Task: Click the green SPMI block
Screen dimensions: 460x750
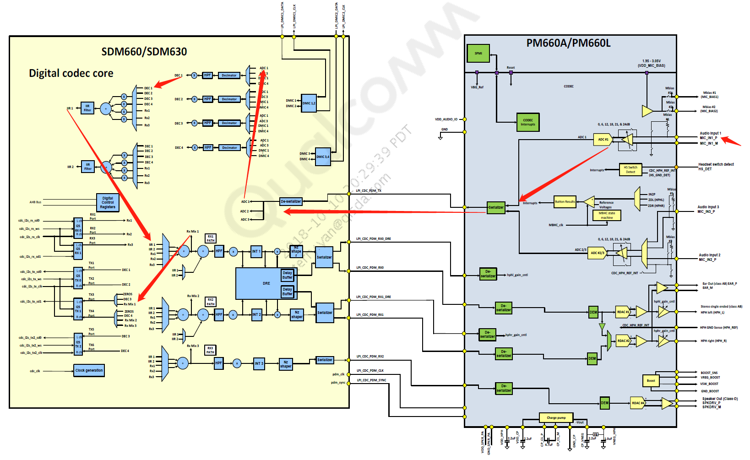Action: tap(478, 54)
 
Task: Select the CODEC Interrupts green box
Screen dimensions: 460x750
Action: tap(528, 122)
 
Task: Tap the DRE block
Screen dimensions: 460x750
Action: tap(266, 283)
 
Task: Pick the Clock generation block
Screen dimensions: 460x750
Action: tap(89, 370)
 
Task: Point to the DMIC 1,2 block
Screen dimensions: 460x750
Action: tap(309, 103)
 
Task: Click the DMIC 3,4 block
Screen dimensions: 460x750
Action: tap(323, 157)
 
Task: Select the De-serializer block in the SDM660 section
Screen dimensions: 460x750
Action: tap(291, 201)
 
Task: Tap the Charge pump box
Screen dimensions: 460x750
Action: tap(556, 417)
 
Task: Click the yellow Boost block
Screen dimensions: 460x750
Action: tap(651, 380)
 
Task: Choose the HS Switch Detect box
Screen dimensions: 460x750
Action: tap(630, 169)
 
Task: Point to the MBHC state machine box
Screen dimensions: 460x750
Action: tap(607, 215)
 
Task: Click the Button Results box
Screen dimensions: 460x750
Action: tap(565, 202)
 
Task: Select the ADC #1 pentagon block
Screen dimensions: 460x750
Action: tap(603, 140)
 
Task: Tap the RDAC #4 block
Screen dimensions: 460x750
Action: tap(638, 403)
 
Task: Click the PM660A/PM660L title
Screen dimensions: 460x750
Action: tap(568, 43)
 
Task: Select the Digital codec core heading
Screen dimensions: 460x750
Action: tap(71, 73)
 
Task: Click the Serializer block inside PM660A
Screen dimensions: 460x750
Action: tap(496, 207)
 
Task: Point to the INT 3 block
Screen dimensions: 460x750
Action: tap(259, 363)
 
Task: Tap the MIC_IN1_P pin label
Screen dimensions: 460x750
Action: tap(708, 138)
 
